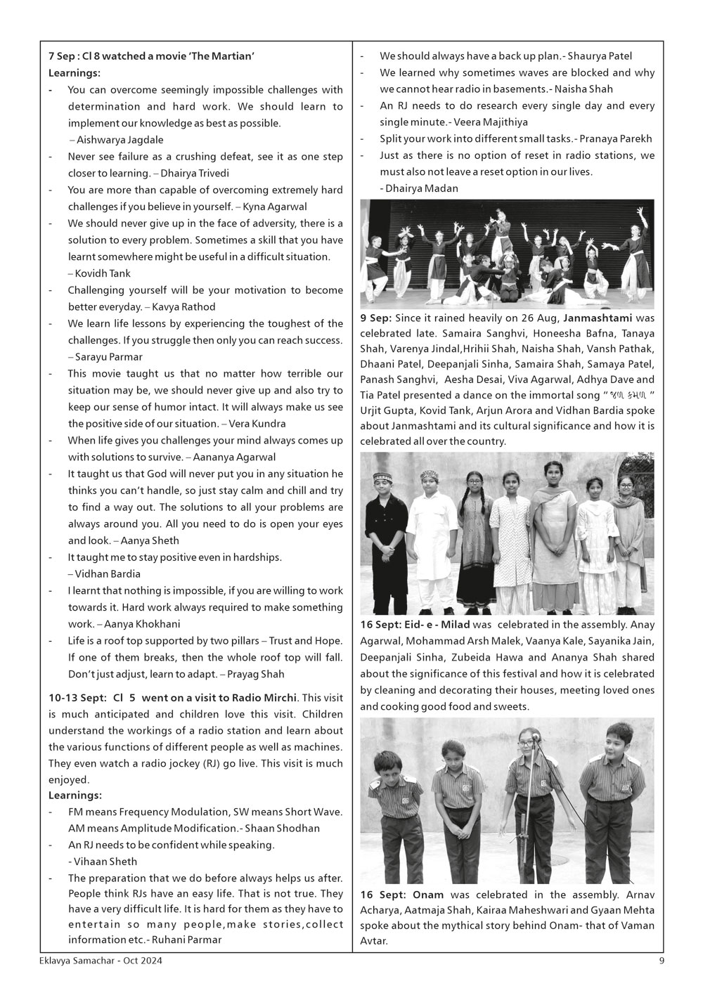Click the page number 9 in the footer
coord(661,961)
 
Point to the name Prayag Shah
coord(258,674)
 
